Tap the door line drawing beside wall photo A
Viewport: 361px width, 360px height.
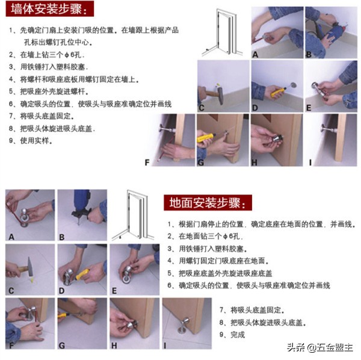tap(224, 34)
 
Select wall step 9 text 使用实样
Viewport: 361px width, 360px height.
tap(34, 141)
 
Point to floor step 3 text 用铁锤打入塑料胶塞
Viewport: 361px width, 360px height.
tap(208, 249)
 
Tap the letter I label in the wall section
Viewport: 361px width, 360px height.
tap(310, 162)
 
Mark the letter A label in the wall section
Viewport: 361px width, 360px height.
tap(255, 54)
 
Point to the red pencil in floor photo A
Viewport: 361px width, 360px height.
tap(13, 208)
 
